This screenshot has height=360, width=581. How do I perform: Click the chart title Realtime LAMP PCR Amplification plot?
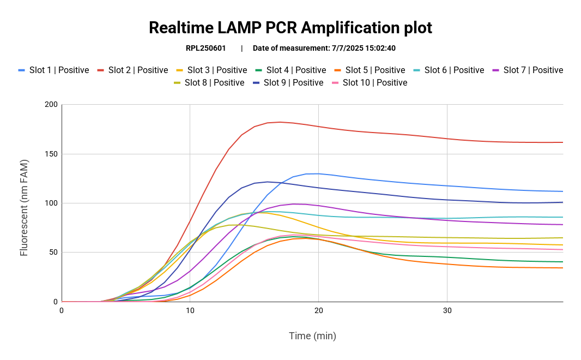coord(290,27)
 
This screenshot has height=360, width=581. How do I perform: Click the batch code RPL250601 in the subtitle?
coord(205,48)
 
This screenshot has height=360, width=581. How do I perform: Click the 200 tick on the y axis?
coord(51,105)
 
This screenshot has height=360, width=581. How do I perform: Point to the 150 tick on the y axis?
coord(51,154)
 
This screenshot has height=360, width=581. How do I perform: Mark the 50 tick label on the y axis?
coord(53,252)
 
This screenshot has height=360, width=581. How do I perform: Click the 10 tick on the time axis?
coord(190,310)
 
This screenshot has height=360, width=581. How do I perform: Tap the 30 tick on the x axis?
coord(447,310)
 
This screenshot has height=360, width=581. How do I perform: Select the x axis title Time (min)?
coord(312,335)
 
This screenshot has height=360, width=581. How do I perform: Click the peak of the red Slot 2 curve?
coord(280,122)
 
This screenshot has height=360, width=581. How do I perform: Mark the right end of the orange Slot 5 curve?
coord(562,268)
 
